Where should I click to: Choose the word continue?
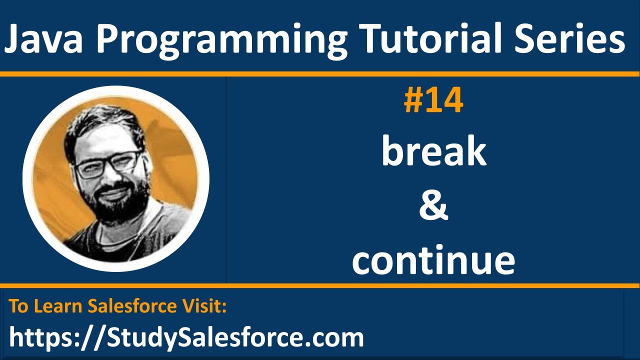(433, 261)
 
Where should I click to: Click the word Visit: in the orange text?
(206, 306)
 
